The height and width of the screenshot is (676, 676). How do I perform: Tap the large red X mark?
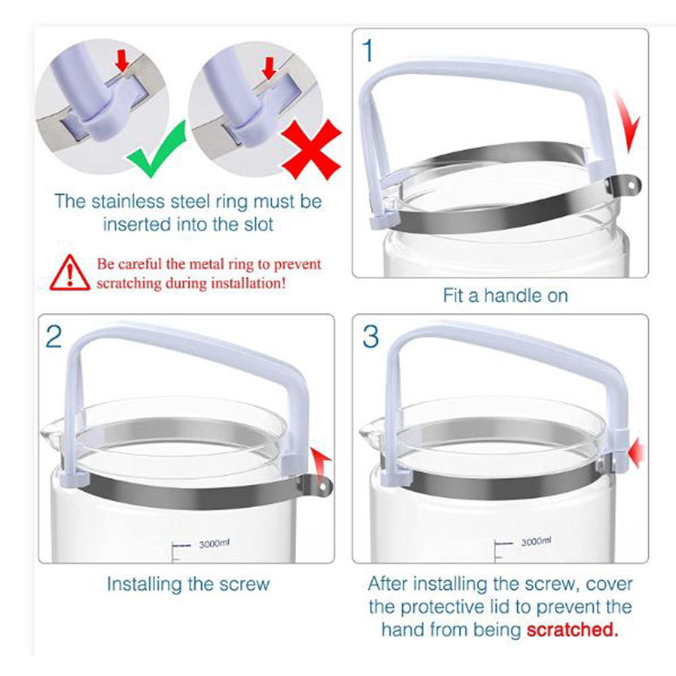pos(311,149)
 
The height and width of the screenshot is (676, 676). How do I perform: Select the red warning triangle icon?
pos(70,272)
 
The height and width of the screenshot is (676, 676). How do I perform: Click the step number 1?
pos(368,51)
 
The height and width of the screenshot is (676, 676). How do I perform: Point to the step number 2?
pos(53,337)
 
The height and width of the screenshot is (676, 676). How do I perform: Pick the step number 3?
pos(370,337)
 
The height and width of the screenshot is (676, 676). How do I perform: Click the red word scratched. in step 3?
pos(572,630)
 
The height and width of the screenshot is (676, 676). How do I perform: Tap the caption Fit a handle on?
pos(505,296)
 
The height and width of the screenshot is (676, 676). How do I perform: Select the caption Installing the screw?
pos(188,584)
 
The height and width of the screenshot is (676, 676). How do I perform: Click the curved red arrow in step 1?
pos(629,122)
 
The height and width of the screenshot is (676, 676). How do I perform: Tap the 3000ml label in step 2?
pos(214,544)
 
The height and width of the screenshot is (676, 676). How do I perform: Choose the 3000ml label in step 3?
pos(536,541)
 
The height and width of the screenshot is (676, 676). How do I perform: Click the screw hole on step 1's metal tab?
pos(631,185)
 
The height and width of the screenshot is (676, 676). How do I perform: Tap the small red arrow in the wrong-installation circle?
pos(269,68)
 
